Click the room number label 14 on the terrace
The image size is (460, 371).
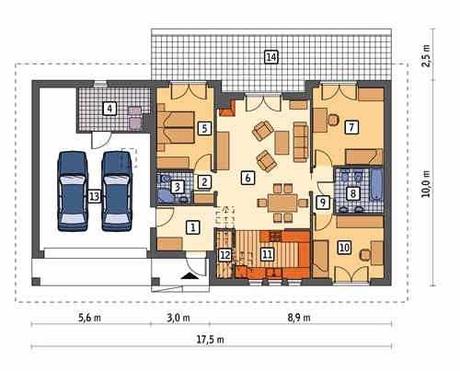(271, 57)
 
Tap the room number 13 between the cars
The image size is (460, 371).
(95, 196)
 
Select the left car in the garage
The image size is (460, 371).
(73, 191)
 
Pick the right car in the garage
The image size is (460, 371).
(117, 191)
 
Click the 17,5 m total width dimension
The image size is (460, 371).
(210, 340)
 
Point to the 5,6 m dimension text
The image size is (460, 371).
(89, 318)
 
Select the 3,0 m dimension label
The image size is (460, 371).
(178, 318)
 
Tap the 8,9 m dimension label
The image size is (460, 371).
(299, 318)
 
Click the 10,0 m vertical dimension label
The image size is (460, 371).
(427, 184)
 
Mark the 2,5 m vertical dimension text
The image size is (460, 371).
(427, 55)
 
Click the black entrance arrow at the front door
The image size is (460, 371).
(190, 276)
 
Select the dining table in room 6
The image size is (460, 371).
(282, 203)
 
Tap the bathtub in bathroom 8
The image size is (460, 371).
(376, 184)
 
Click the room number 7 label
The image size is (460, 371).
(351, 127)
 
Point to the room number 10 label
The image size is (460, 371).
(345, 248)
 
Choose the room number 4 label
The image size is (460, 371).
(109, 109)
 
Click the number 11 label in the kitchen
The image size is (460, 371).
(268, 254)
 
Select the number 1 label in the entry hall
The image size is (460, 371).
(193, 227)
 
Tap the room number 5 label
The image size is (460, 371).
(204, 128)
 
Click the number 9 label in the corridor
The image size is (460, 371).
(323, 202)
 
